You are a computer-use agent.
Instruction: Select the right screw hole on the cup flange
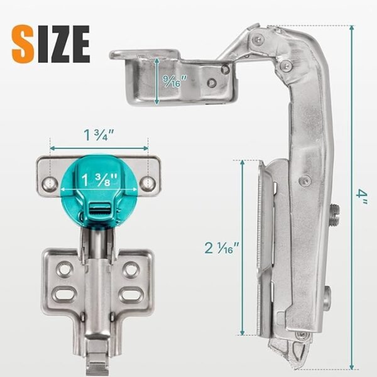tap(147, 182)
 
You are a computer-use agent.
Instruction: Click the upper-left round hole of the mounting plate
tap(64, 270)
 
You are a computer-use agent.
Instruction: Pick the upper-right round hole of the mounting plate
tap(131, 270)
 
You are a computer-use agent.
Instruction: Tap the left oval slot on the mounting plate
tap(65, 293)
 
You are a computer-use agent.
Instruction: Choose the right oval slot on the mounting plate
tap(131, 293)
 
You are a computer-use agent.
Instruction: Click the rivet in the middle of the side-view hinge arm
tap(305, 180)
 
